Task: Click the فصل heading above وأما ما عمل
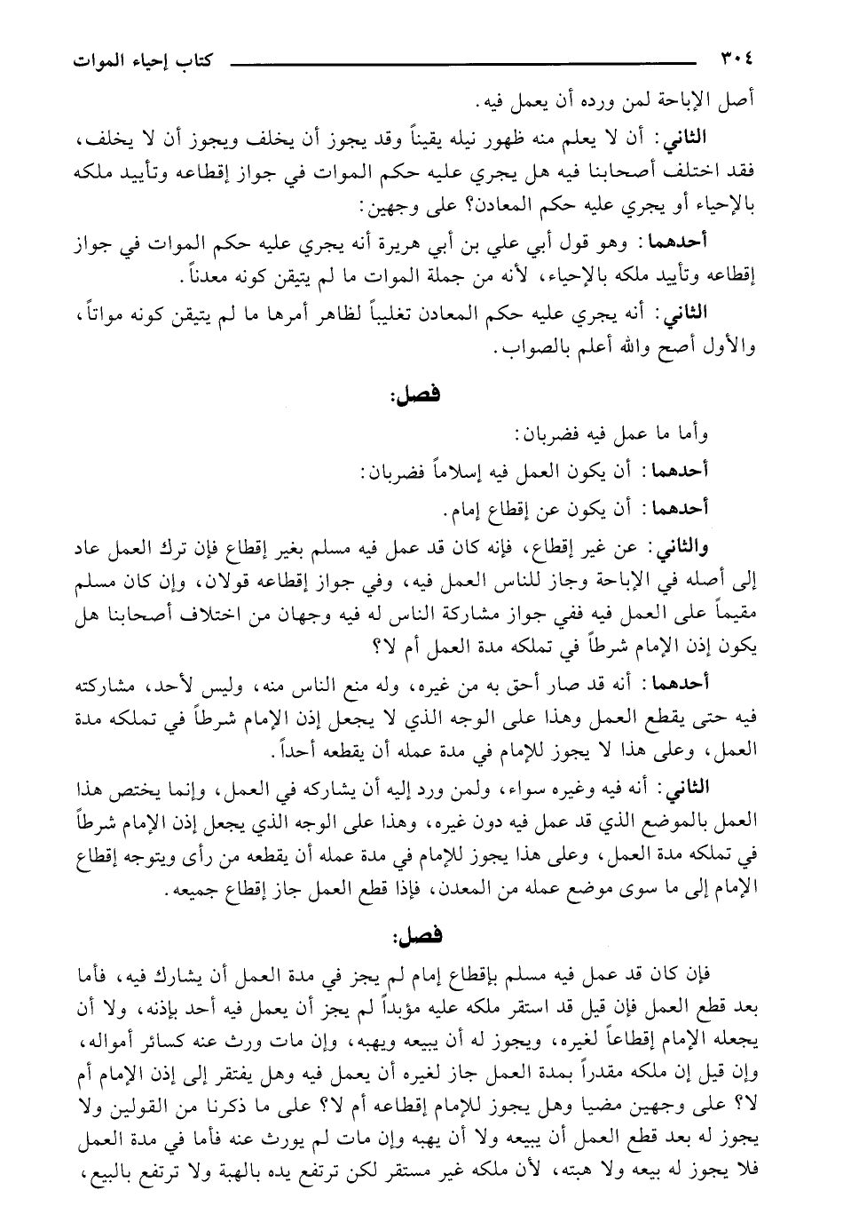pos(410,400)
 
